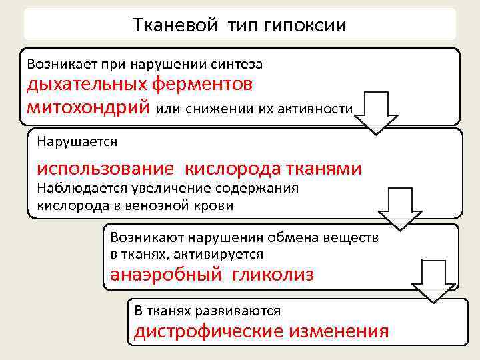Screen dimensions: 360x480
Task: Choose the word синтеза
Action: point(238,65)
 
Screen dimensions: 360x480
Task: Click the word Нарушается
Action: point(77,141)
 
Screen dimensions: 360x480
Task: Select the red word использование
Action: point(105,169)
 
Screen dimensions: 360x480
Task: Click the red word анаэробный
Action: point(165,275)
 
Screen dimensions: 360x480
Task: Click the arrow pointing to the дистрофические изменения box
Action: point(432,279)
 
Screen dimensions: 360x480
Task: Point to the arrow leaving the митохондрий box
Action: point(375,111)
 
